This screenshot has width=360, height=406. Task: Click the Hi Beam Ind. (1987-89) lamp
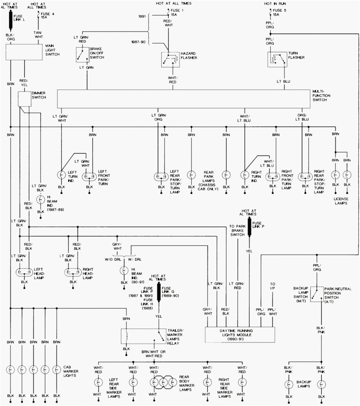(41, 200)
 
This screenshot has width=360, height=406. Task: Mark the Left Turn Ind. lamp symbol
(61, 176)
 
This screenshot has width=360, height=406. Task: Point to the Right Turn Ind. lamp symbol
(245, 176)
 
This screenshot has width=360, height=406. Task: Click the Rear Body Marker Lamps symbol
(162, 381)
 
